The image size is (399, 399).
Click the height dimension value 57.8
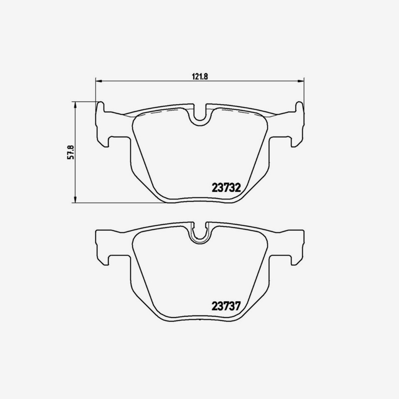[x=70, y=152]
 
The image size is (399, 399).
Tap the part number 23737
[x=226, y=306]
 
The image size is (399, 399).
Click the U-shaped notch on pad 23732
[x=199, y=114]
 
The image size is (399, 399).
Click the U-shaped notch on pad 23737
[x=199, y=233]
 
